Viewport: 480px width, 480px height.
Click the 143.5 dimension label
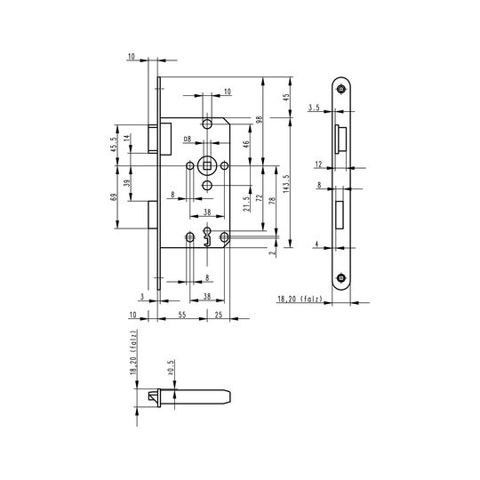(x=286, y=184)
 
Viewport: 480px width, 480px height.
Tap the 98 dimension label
(x=260, y=120)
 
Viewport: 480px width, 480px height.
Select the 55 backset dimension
(x=182, y=315)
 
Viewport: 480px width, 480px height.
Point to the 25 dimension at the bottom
(x=219, y=315)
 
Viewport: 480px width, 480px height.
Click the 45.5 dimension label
(x=114, y=145)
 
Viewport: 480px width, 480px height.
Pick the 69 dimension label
(x=114, y=197)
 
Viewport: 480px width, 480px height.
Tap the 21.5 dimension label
(x=247, y=204)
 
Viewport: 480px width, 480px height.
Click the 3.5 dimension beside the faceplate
(x=314, y=108)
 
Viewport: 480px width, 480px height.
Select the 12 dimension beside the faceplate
(x=319, y=164)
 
